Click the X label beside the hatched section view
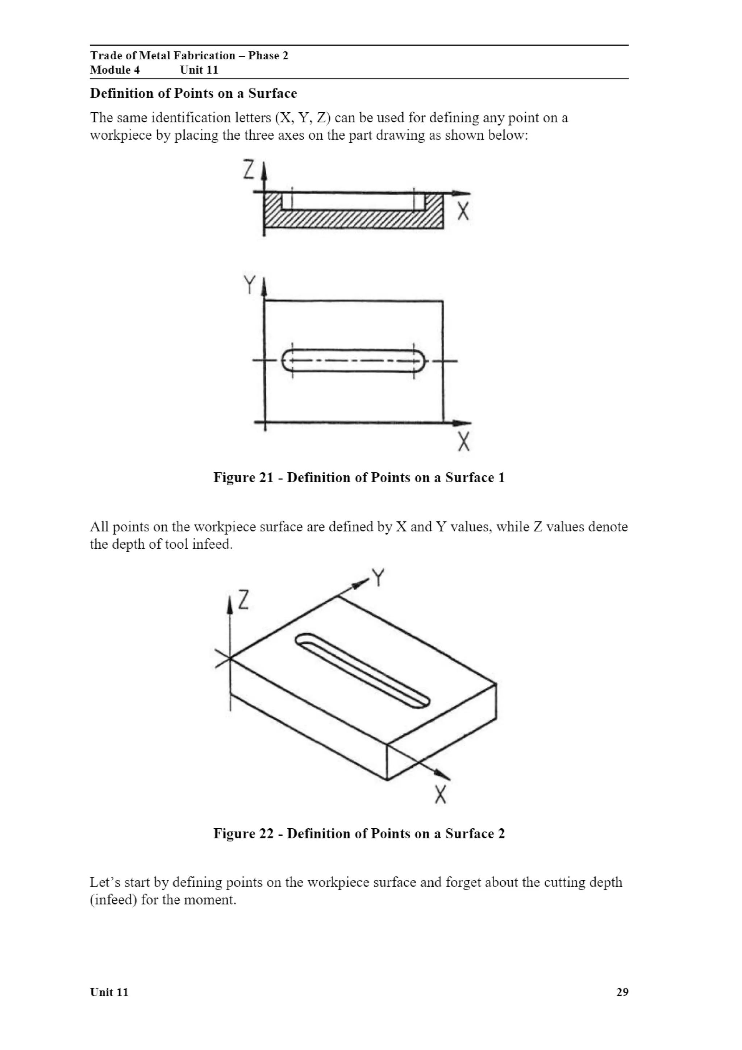(x=463, y=211)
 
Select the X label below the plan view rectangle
(x=464, y=442)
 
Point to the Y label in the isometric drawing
(x=378, y=578)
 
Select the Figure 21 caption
(x=359, y=478)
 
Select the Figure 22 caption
(x=359, y=833)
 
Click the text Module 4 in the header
(x=115, y=70)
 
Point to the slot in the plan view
(x=353, y=361)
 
